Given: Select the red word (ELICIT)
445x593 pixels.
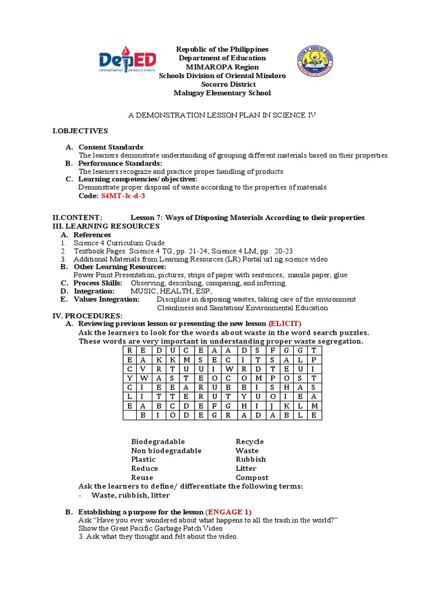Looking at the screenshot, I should pyautogui.click(x=285, y=324).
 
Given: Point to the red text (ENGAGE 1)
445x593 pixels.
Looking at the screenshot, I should pyautogui.click(x=229, y=513).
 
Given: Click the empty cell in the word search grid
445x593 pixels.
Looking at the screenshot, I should pyautogui.click(x=130, y=415).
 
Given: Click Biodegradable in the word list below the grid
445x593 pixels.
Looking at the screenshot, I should pyautogui.click(x=158, y=441).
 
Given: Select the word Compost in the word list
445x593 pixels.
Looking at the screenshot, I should pyautogui.click(x=252, y=478).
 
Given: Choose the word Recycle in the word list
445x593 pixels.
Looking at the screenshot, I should pyautogui.click(x=250, y=441).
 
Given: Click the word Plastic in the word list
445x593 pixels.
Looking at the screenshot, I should pyautogui.click(x=143, y=459).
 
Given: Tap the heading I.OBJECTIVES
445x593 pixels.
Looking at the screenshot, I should pyautogui.click(x=80, y=131).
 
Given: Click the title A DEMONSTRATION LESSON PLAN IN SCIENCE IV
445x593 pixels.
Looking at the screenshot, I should pyautogui.click(x=222, y=116).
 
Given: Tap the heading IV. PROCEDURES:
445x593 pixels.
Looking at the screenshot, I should pyautogui.click(x=87, y=316).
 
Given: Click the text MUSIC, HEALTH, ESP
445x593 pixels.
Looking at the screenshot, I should pyautogui.click(x=167, y=291).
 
